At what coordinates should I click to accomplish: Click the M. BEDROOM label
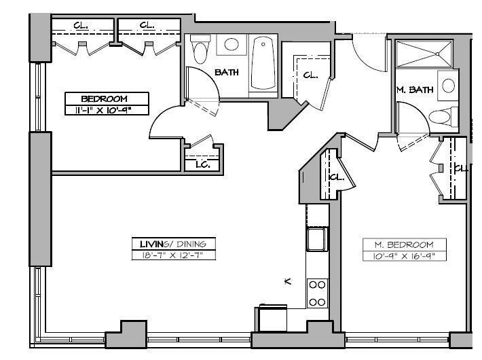click(404, 245)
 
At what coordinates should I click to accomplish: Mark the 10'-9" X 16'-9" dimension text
click(404, 256)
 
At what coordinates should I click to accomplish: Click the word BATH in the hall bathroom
click(227, 72)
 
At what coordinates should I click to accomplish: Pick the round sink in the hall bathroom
click(231, 45)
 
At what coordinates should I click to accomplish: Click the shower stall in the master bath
click(424, 52)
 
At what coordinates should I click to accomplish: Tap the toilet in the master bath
click(442, 116)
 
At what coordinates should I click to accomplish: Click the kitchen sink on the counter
click(316, 239)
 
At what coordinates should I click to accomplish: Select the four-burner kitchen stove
click(317, 293)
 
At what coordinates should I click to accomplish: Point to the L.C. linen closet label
click(202, 164)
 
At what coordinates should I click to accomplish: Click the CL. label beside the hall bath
click(311, 75)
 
